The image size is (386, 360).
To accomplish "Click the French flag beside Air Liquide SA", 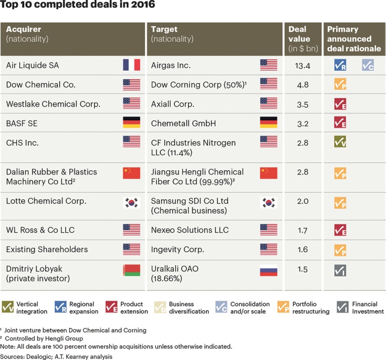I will click(x=131, y=65).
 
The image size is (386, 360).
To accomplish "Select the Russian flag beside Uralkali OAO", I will click(x=269, y=271).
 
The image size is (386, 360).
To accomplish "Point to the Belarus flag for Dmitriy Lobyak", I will click(x=131, y=271).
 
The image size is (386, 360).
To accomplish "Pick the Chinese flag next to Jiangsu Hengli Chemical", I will click(x=269, y=173).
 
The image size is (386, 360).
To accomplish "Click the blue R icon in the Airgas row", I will click(x=340, y=65).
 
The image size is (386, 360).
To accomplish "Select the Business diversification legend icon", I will click(x=160, y=307).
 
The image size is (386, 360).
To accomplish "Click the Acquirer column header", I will click(x=23, y=29).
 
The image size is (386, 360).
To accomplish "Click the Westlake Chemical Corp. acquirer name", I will click(x=53, y=104).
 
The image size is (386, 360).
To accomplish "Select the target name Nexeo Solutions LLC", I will click(x=189, y=230).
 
